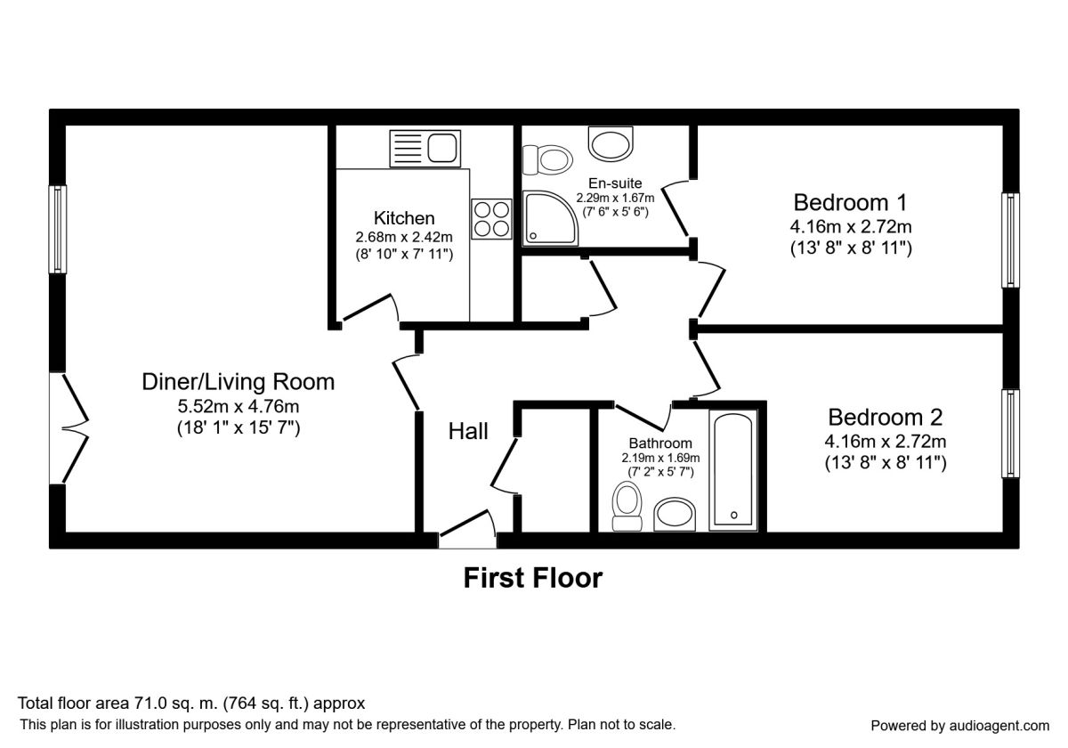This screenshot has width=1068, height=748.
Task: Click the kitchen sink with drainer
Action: click(x=425, y=149)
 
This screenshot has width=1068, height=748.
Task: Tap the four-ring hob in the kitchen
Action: click(x=491, y=219)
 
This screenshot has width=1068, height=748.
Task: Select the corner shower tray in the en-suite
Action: click(x=550, y=218)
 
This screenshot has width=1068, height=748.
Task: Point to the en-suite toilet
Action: click(x=547, y=159)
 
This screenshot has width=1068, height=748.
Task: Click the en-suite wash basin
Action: click(x=611, y=143)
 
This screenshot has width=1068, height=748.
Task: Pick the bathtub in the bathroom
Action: click(x=732, y=470)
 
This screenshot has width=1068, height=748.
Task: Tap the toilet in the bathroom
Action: click(x=627, y=506)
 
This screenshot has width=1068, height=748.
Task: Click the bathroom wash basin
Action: click(x=675, y=515)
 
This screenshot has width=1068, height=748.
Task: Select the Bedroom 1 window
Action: click(x=1010, y=240)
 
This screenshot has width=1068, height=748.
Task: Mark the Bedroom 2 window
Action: click(x=1010, y=433)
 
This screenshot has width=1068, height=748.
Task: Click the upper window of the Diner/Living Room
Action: click(x=58, y=229)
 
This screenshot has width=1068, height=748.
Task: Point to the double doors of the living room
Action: click(x=69, y=428)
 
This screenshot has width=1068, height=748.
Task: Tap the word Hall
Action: click(x=468, y=431)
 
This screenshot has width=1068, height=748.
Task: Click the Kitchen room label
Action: click(x=404, y=218)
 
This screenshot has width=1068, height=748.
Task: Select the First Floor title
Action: click(x=533, y=578)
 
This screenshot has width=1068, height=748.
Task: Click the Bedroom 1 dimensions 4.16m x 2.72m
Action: click(x=851, y=226)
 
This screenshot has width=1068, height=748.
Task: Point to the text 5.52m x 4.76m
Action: click(x=239, y=406)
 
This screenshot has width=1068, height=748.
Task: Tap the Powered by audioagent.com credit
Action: click(x=959, y=726)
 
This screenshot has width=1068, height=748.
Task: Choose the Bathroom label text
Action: click(x=660, y=443)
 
